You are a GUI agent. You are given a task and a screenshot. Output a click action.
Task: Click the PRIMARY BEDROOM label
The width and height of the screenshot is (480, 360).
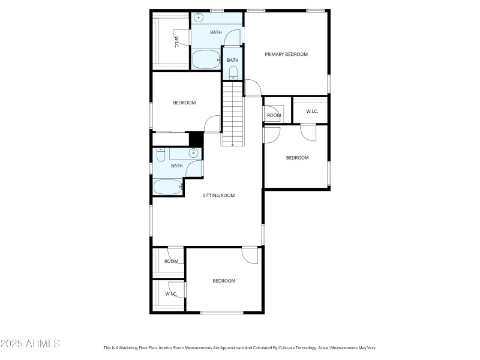(x=286, y=54)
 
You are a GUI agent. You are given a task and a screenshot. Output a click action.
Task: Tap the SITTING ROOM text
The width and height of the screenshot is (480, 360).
(x=218, y=195)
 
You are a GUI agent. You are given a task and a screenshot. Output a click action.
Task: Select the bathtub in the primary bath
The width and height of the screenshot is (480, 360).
(x=206, y=59)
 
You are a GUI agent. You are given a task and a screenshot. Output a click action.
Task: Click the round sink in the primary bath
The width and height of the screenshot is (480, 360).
(x=199, y=18)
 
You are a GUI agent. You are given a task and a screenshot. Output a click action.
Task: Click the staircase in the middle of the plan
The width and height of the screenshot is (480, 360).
(x=233, y=114)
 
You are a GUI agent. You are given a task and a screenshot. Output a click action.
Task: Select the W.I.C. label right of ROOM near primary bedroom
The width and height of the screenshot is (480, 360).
(x=312, y=111)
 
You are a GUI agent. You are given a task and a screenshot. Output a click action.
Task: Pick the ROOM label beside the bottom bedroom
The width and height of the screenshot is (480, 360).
(x=171, y=261)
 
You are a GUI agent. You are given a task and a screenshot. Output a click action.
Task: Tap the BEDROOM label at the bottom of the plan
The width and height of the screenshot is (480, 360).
(x=224, y=281)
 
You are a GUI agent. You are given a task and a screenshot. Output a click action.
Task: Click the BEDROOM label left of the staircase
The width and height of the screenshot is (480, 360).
(x=184, y=103)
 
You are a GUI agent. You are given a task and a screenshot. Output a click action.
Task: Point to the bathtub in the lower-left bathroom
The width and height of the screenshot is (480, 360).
(x=167, y=187)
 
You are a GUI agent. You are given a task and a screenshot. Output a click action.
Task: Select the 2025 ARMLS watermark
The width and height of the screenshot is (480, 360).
(x=30, y=344)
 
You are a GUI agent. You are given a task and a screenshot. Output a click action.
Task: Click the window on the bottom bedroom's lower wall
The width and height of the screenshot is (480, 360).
(x=221, y=312)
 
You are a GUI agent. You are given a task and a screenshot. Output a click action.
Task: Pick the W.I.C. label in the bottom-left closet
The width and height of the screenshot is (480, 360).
(x=171, y=293)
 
